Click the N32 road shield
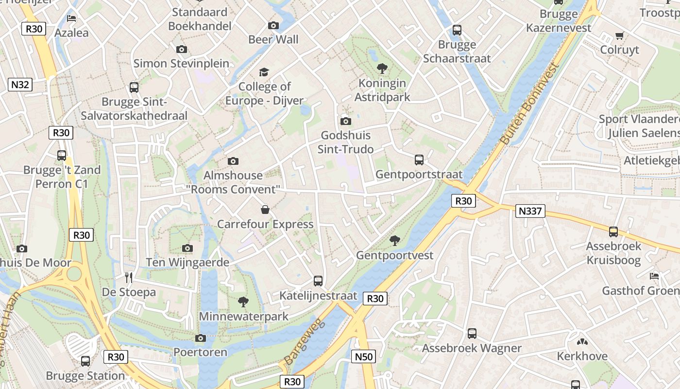click(20, 85)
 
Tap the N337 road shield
click(530, 211)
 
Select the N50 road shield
click(363, 357)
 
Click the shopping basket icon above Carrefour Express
click(265, 210)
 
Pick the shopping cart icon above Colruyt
click(619, 35)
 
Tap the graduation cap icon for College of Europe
click(264, 72)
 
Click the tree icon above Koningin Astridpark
click(382, 69)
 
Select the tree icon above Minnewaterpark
click(243, 302)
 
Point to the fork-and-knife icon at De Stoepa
click(129, 278)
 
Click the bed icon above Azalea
click(71, 19)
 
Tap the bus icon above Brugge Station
click(85, 361)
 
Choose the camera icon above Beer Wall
click(273, 25)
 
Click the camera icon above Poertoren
click(200, 338)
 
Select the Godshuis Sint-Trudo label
click(345, 142)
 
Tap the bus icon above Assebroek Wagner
click(472, 334)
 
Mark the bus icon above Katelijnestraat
click(318, 281)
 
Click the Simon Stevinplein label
click(181, 63)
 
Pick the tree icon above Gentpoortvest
click(395, 240)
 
